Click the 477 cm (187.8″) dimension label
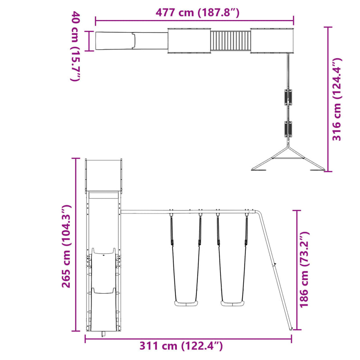click(x=198, y=12)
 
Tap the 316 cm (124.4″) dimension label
click(x=337, y=99)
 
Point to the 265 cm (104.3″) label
click(x=66, y=246)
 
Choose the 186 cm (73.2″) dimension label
click(x=304, y=269)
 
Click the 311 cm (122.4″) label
click(x=181, y=346)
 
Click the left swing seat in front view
click(x=186, y=304)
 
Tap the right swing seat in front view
click(x=232, y=304)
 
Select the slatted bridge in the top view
click(x=230, y=41)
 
